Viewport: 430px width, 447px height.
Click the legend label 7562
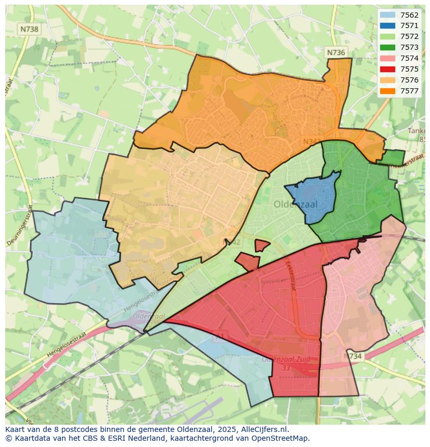coord(409,15)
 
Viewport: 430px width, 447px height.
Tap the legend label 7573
coord(409,47)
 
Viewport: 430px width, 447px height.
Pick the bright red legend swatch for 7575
coord(387,69)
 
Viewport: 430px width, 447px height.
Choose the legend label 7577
coord(409,91)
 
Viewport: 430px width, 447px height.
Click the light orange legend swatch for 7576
coord(387,80)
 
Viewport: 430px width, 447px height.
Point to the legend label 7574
coord(409,58)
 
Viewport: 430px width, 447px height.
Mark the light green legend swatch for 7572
coord(387,37)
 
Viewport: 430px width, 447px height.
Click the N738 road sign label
coord(30,30)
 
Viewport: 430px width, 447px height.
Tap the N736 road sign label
coord(335,52)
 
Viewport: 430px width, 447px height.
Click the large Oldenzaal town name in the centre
coord(295,205)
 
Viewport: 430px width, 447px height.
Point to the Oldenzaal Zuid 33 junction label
coord(286,363)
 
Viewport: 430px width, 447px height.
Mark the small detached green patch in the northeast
coord(394,157)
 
